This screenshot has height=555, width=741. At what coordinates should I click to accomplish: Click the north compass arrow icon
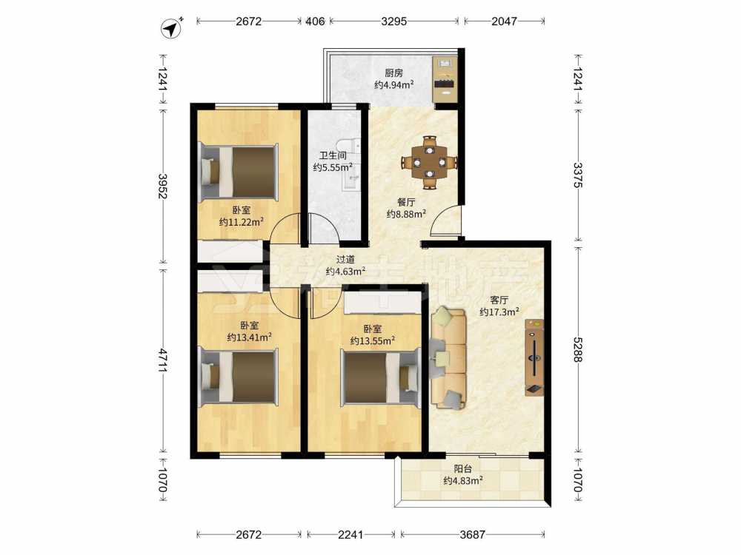click(x=172, y=28)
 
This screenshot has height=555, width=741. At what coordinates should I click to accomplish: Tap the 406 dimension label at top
click(x=315, y=21)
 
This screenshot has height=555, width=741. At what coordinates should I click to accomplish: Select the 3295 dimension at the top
click(x=393, y=21)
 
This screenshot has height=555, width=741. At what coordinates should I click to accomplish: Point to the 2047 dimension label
click(x=504, y=21)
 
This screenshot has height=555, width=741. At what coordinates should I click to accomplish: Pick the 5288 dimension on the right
click(x=578, y=350)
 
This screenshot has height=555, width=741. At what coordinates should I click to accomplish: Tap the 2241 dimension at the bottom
click(x=350, y=535)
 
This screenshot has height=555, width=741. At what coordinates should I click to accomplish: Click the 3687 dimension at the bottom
click(x=473, y=535)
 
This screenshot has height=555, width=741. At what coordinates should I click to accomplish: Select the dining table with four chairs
click(x=430, y=163)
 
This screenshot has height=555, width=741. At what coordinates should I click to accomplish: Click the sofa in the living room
click(x=448, y=357)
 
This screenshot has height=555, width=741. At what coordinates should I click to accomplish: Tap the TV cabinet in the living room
click(x=534, y=357)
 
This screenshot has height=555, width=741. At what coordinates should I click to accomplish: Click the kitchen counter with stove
click(x=445, y=79)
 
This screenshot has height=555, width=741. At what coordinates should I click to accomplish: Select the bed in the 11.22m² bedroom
click(x=238, y=172)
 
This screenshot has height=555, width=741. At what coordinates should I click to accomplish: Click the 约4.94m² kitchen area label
click(x=395, y=85)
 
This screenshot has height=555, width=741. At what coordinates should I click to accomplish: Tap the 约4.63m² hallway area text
click(x=345, y=272)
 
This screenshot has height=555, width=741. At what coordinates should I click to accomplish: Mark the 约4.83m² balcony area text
click(x=463, y=481)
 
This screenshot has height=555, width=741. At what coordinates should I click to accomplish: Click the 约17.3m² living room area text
click(x=499, y=312)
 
